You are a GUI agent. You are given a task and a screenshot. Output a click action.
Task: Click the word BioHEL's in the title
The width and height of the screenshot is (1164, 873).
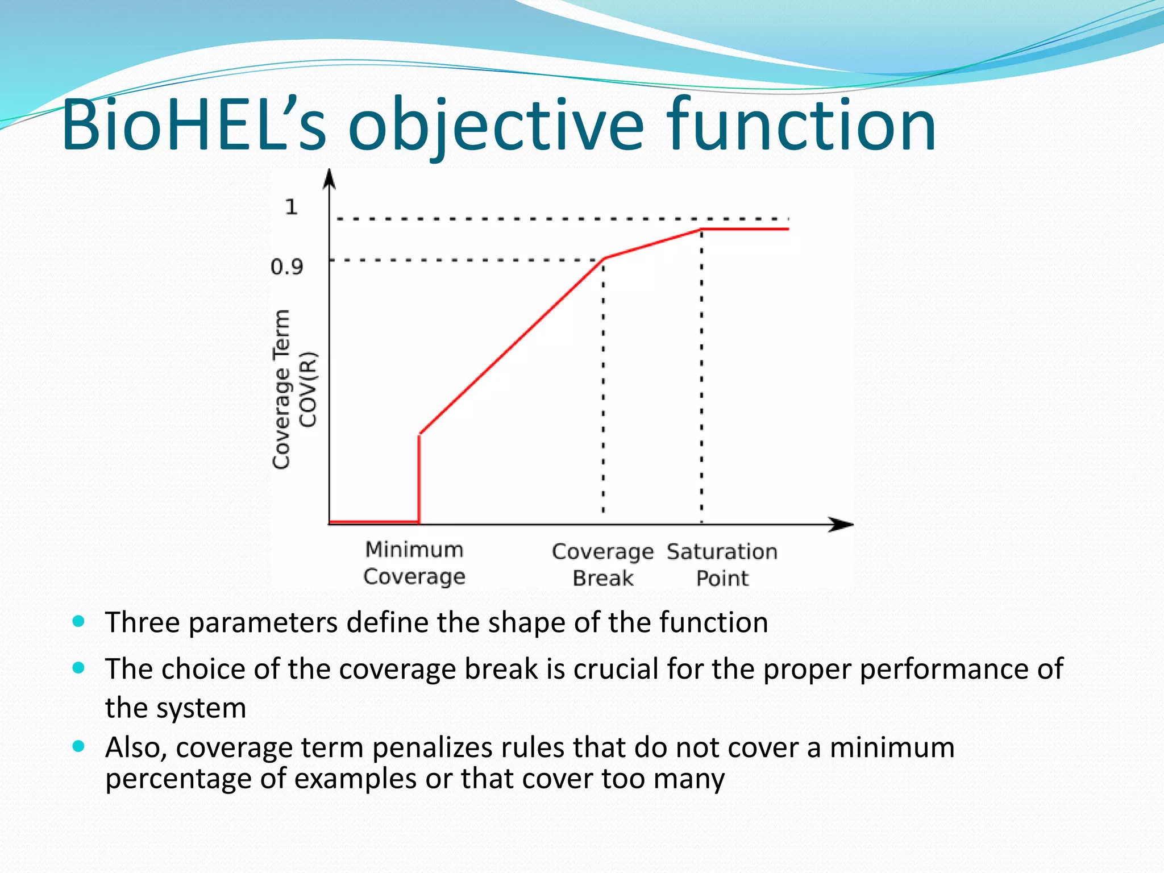tap(193, 126)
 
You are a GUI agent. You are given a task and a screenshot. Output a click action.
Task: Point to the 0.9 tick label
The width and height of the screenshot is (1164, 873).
tap(287, 267)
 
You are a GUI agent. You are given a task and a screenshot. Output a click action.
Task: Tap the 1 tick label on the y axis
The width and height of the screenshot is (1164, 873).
tap(291, 207)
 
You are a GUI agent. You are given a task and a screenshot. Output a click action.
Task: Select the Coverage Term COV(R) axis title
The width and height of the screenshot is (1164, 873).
tap(294, 389)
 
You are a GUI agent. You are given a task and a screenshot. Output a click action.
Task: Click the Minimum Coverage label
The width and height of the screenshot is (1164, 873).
tap(414, 563)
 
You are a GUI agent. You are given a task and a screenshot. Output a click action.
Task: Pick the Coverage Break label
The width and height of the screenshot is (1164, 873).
tap(602, 564)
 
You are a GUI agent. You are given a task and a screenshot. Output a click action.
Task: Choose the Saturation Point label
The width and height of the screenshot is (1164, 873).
tap(722, 564)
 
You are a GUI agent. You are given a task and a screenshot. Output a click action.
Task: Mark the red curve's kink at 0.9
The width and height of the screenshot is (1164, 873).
tap(604, 259)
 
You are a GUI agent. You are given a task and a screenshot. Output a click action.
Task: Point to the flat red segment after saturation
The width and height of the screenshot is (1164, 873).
tap(745, 229)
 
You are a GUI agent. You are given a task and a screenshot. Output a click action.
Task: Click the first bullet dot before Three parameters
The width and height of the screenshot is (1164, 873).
tap(79, 621)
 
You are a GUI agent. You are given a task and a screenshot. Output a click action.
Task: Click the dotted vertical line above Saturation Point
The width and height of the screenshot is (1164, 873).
tap(701, 375)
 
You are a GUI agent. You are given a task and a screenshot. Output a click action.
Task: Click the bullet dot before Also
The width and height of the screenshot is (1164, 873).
tap(79, 746)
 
